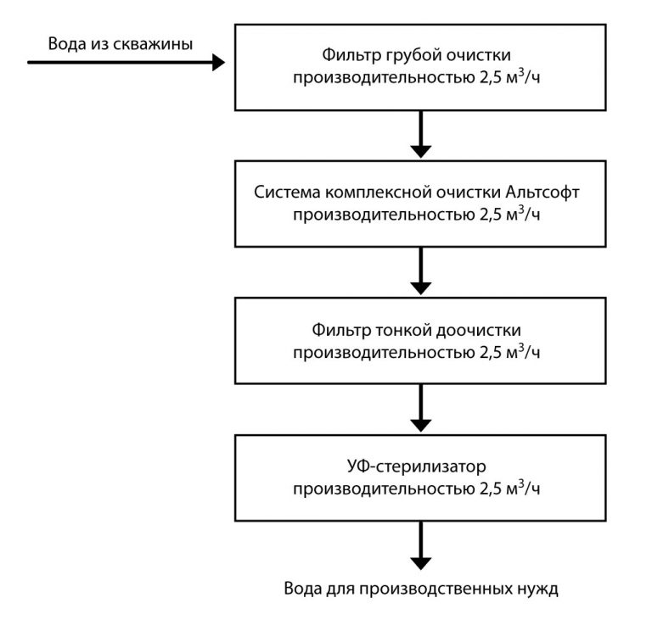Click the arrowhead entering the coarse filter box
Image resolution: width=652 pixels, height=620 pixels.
tap(217, 62)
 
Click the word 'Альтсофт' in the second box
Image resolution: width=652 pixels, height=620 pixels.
tap(545, 191)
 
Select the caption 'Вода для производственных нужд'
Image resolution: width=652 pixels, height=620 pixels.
tap(421, 589)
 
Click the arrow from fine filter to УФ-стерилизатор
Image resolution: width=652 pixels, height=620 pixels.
tap(420, 409)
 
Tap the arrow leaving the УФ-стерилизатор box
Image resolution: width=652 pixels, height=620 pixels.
tap(420, 547)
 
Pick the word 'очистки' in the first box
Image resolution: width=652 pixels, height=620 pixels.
tap(481, 57)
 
